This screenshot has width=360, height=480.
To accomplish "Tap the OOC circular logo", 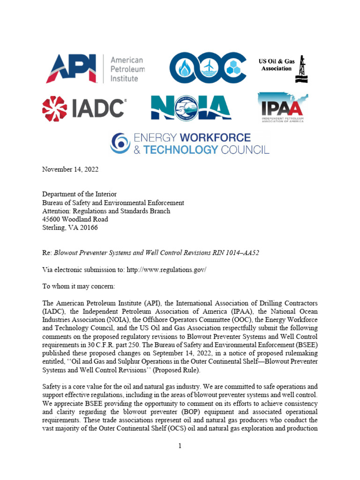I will point(207,69).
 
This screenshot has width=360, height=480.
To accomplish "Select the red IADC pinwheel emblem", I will point(56,108).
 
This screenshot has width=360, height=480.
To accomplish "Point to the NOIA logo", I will point(191,108).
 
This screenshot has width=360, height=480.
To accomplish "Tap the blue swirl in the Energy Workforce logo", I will point(120,143).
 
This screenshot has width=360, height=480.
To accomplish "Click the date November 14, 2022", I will point(70,170).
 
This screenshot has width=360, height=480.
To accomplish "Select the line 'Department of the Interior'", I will point(79,194).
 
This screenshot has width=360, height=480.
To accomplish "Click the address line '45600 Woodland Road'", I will point(75,219).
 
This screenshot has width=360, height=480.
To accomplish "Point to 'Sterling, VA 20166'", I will point(70,228).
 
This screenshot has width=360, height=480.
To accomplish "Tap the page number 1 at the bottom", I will point(180,446).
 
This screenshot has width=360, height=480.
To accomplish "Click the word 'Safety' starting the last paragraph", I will point(52,387).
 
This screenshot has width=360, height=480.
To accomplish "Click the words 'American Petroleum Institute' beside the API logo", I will point(127,69).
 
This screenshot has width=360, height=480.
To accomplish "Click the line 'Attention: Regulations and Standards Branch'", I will point(106,211).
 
